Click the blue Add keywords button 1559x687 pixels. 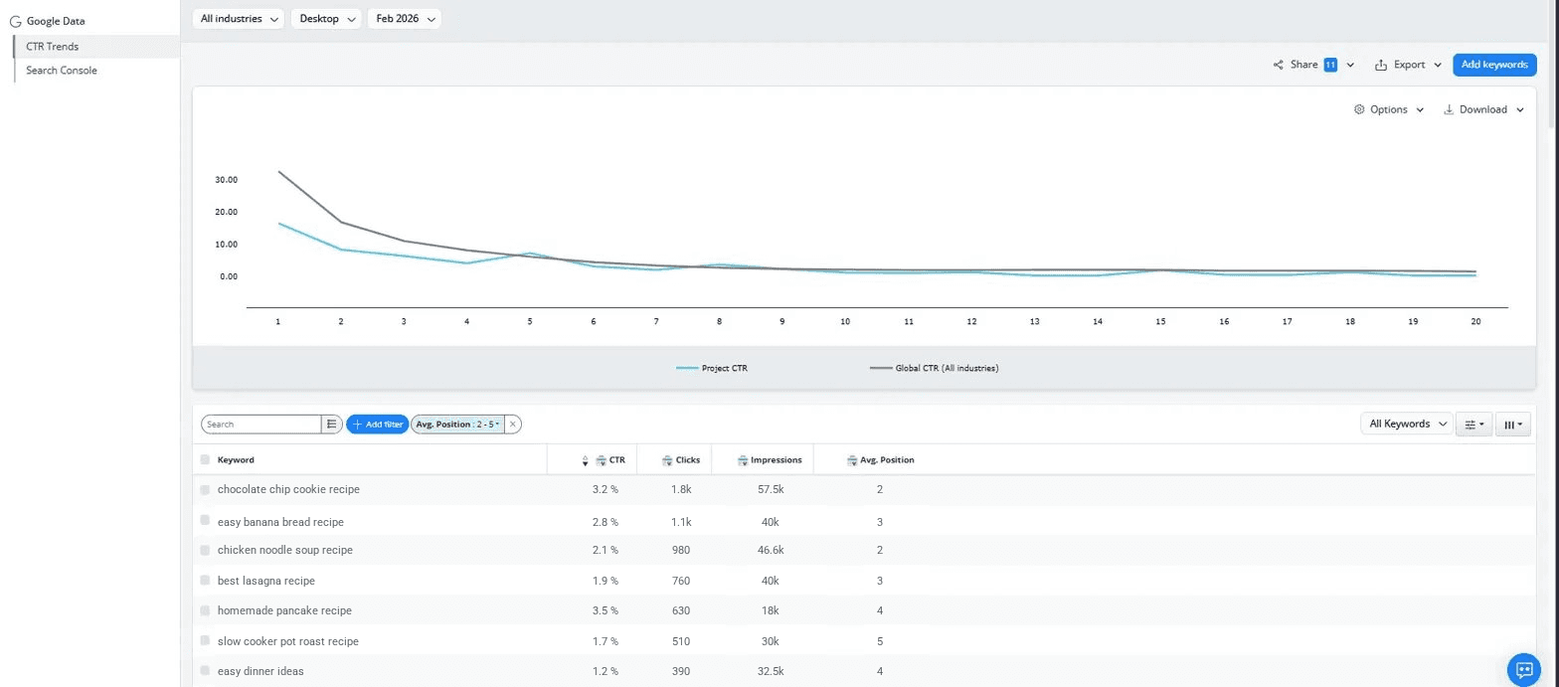pyautogui.click(x=1493, y=65)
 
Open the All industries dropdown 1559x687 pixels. pyautogui.click(x=238, y=19)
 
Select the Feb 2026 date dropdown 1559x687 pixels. pyautogui.click(x=404, y=19)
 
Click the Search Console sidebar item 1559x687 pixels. pyautogui.click(x=62, y=71)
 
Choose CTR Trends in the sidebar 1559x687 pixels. pyautogui.click(x=53, y=47)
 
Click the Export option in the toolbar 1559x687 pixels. pyautogui.click(x=1408, y=65)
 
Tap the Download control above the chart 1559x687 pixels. pyautogui.click(x=1482, y=109)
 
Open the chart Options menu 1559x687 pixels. pyautogui.click(x=1388, y=109)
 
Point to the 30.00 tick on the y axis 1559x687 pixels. pyautogui.click(x=226, y=180)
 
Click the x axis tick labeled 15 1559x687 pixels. pyautogui.click(x=1160, y=322)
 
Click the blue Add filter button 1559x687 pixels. pyautogui.click(x=377, y=425)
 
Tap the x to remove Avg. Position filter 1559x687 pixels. pyautogui.click(x=513, y=425)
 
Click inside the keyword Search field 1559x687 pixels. pyautogui.click(x=260, y=425)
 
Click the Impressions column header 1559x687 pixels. pyautogui.click(x=776, y=460)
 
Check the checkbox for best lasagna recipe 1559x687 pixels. pyautogui.click(x=205, y=580)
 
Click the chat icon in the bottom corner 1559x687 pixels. pyautogui.click(x=1523, y=669)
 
